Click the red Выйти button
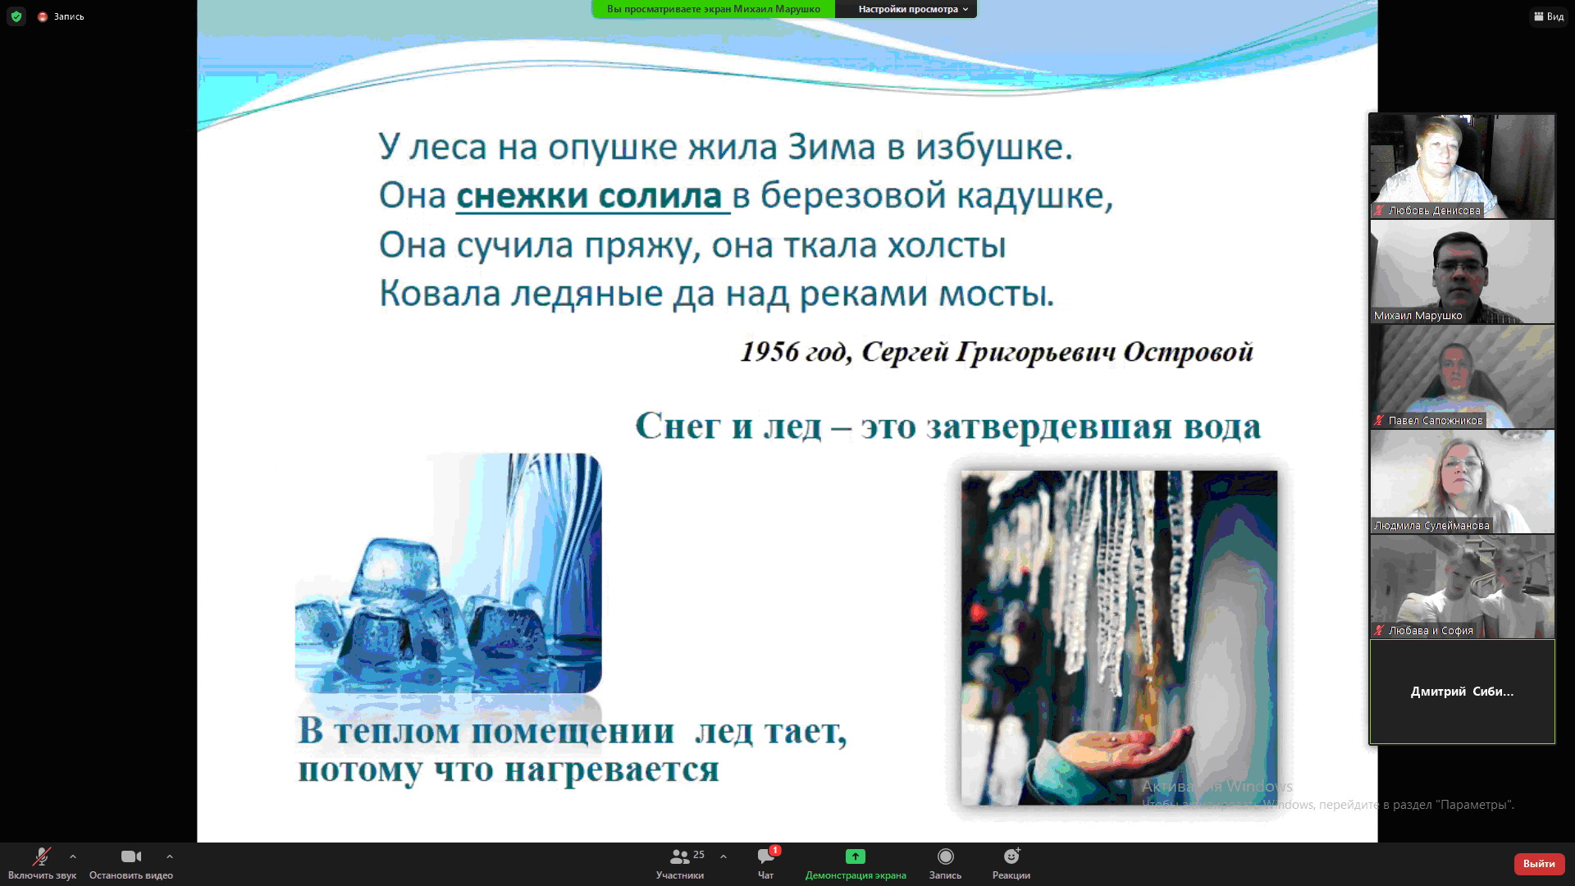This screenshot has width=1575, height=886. click(x=1539, y=864)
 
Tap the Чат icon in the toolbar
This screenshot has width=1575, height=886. click(x=766, y=856)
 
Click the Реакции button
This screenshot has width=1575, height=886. click(x=1011, y=863)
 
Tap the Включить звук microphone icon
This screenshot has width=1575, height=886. click(x=41, y=856)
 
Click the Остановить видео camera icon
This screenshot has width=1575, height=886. click(x=131, y=856)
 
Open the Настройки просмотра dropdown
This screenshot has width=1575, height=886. click(x=913, y=9)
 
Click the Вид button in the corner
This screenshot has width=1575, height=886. click(x=1549, y=16)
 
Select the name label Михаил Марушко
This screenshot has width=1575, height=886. click(x=1417, y=316)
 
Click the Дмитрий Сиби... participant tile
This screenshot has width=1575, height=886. click(x=1462, y=692)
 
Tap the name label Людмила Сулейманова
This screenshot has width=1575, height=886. click(x=1431, y=526)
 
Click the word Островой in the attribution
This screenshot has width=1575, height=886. click(x=1188, y=352)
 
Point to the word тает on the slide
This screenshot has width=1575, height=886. click(x=805, y=730)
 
